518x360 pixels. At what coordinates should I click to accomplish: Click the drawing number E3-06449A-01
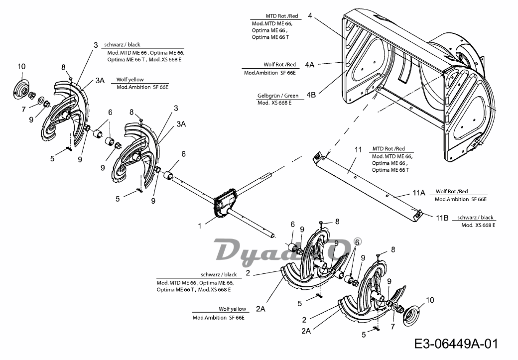pos(456,344)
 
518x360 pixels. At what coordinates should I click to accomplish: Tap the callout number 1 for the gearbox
pos(200,226)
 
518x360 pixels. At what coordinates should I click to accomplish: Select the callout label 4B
pos(311,95)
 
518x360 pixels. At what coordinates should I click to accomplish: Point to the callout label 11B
pos(442,218)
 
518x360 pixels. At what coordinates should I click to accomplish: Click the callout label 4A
pos(309,65)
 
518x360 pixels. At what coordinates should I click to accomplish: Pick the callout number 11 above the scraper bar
pos(359,149)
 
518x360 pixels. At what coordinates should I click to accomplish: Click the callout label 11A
pos(419,193)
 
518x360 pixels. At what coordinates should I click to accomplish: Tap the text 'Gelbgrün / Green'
pos(278,96)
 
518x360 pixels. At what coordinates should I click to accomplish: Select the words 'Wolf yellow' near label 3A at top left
pos(130,80)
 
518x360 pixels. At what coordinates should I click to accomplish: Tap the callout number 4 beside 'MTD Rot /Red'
pos(310,15)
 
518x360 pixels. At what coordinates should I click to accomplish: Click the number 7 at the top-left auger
pos(23,110)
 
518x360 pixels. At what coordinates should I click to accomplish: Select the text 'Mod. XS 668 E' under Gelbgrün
pos(274,103)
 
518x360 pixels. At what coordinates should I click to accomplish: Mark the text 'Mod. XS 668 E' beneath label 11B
pos(478,225)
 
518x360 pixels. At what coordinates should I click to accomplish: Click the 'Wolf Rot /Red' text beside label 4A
pos(279,65)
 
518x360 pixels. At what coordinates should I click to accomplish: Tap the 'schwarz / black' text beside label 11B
pos(475,218)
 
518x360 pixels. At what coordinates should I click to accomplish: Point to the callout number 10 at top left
pos(21,67)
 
